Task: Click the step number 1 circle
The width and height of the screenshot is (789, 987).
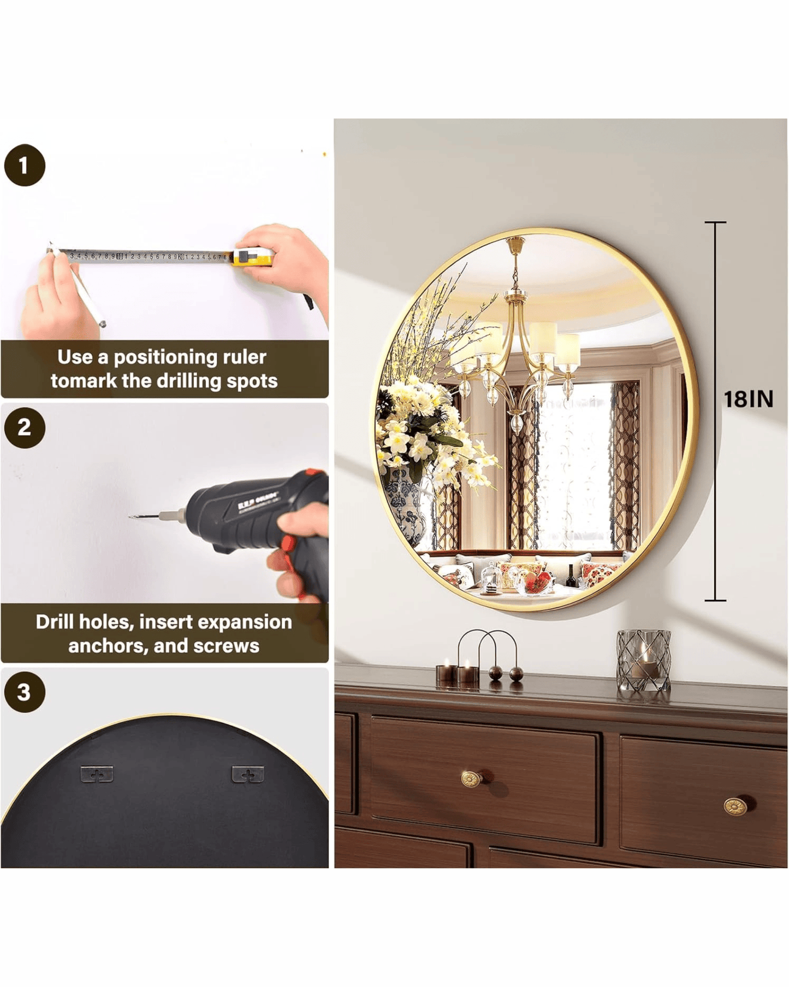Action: pyautogui.click(x=25, y=165)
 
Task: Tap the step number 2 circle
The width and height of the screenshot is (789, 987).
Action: pyautogui.click(x=25, y=427)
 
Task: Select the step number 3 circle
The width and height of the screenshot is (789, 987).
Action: pyautogui.click(x=25, y=692)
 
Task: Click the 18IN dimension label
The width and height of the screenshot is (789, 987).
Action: pyautogui.click(x=748, y=399)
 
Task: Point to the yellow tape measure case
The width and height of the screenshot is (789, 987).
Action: pyautogui.click(x=252, y=256)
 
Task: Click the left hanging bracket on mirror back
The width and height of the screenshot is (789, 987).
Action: pyautogui.click(x=97, y=774)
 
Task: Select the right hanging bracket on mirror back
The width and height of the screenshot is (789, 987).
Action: pyautogui.click(x=248, y=774)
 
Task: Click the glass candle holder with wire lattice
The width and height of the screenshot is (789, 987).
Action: pyautogui.click(x=643, y=660)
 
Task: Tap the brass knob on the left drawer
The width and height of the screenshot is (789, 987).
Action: pyautogui.click(x=470, y=778)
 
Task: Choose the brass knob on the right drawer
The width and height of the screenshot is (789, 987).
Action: pyautogui.click(x=735, y=806)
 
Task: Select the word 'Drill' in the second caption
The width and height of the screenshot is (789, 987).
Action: pyautogui.click(x=55, y=622)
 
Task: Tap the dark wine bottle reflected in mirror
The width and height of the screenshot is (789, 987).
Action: pyautogui.click(x=571, y=576)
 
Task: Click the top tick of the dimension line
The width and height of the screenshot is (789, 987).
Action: pyautogui.click(x=715, y=222)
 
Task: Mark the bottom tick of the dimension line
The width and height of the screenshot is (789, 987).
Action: pyautogui.click(x=715, y=601)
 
